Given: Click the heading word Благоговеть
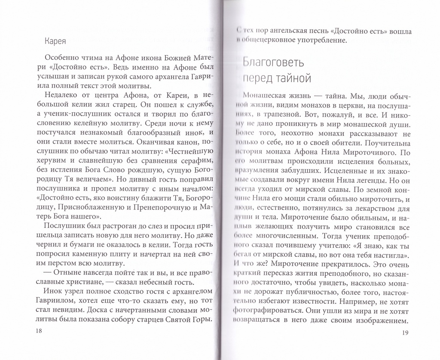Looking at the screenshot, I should click(x=273, y=62).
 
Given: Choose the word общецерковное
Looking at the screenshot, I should click(x=267, y=40).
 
